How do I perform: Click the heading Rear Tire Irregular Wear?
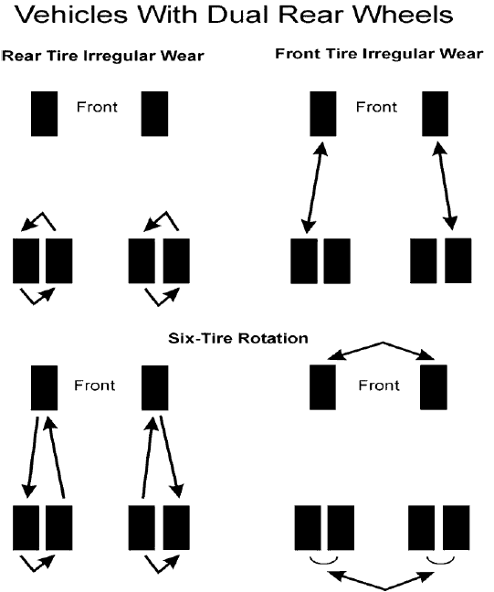(x=102, y=57)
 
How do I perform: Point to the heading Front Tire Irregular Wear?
(x=379, y=54)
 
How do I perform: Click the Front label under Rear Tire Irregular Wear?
(x=98, y=107)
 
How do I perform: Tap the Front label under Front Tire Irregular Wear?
(x=376, y=107)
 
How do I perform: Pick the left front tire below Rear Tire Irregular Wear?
(x=45, y=113)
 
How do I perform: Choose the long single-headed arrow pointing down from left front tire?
(x=29, y=457)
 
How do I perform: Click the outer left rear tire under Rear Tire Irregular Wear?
(x=27, y=260)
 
